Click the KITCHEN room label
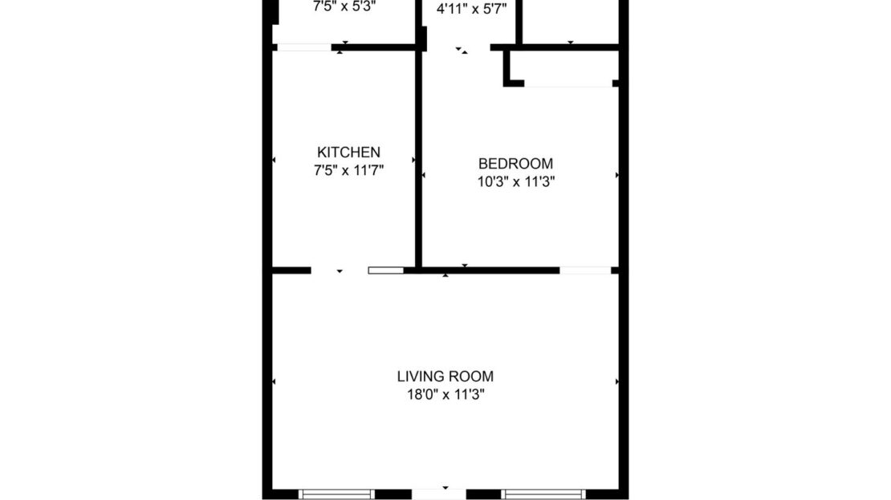(348, 152)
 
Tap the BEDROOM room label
(515, 164)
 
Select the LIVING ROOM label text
(445, 376)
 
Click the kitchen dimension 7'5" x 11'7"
(348, 170)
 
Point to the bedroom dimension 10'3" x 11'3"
(516, 182)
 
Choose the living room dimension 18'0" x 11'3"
(445, 394)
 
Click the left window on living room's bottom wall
(336, 494)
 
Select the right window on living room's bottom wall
(543, 494)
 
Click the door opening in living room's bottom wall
(438, 493)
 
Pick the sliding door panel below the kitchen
(385, 270)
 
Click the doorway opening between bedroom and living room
(585, 270)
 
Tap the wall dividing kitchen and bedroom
(417, 161)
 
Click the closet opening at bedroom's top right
(568, 83)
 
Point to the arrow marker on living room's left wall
(275, 381)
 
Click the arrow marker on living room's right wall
(616, 381)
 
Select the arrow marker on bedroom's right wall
(616, 174)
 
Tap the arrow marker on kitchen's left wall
(275, 161)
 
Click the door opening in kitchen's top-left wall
(304, 47)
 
